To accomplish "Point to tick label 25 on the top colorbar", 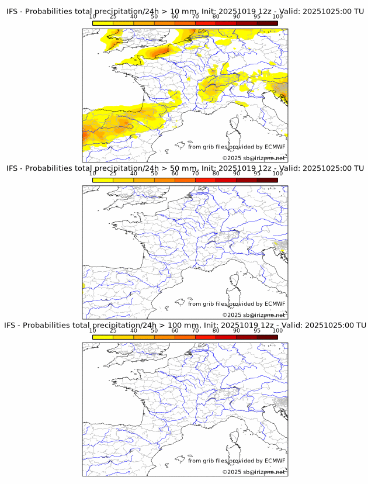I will pyautogui.click(x=113, y=17).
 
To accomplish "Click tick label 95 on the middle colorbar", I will pyautogui.click(x=256, y=174).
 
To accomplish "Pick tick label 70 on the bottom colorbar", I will pyautogui.click(x=195, y=330).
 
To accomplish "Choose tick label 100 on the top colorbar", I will pyautogui.click(x=277, y=17).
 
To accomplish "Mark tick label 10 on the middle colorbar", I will pyautogui.click(x=93, y=174).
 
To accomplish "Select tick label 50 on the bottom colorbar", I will pyautogui.click(x=154, y=330).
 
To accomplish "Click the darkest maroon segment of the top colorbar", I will pyautogui.click(x=267, y=23).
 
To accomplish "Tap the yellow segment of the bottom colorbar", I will pyautogui.click(x=103, y=337).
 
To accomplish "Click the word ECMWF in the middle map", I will pyautogui.click(x=275, y=304).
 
